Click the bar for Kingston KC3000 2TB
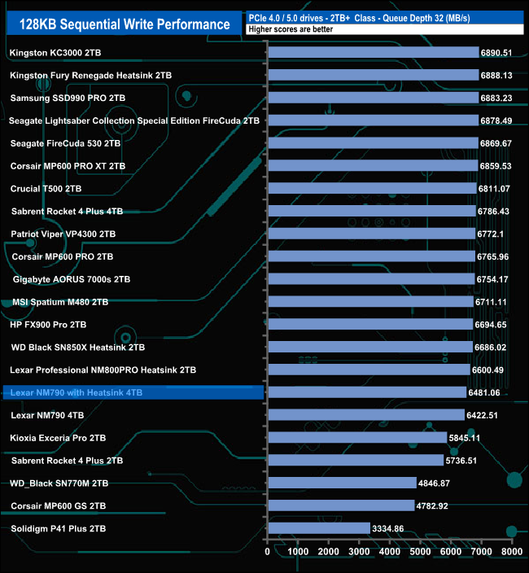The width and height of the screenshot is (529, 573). pyautogui.click(x=373, y=53)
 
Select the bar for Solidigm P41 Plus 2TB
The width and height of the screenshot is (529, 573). pyautogui.click(x=318, y=528)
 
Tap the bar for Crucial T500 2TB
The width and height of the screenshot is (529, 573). pyautogui.click(x=371, y=189)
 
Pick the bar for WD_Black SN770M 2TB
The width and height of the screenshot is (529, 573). pyautogui.click(x=342, y=483)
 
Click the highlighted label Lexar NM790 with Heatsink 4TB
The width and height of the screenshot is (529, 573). pyautogui.click(x=77, y=392)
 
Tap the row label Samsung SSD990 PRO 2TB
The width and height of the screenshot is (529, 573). pyautogui.click(x=68, y=98)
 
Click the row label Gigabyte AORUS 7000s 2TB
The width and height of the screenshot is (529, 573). pyautogui.click(x=72, y=279)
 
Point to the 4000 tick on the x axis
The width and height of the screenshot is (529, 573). pyautogui.click(x=389, y=552)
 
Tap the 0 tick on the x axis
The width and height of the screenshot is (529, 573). pyautogui.click(x=268, y=552)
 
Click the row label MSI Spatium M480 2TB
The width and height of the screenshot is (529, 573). pyautogui.click(x=60, y=302)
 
